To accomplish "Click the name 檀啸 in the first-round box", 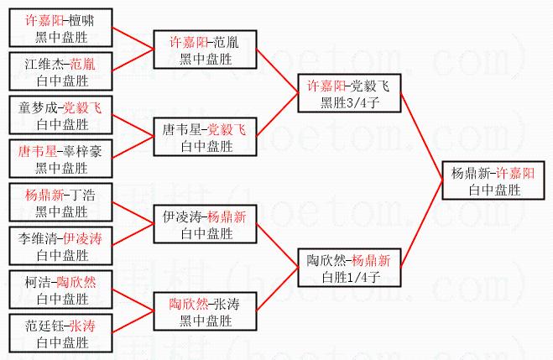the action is (x=81, y=20).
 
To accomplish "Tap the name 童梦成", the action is (x=38, y=108).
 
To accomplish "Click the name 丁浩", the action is (x=82, y=195).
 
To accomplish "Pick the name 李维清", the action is (x=38, y=238).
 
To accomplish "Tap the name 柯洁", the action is (x=38, y=283).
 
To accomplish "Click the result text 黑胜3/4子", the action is (x=349, y=102).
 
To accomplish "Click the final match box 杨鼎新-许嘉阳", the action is (x=493, y=180).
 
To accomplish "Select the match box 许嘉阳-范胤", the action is (x=205, y=50).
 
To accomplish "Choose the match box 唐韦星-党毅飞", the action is (x=205, y=137).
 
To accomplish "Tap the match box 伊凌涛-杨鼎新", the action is (x=205, y=224).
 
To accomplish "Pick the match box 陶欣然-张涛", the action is (x=205, y=311).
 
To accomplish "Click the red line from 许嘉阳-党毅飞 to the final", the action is (x=421, y=137).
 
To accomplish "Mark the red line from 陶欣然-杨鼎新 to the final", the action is (x=421, y=224).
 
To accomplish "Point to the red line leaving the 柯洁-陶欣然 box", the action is (x=133, y=300).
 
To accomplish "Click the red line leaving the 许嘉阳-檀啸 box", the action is (x=133, y=39).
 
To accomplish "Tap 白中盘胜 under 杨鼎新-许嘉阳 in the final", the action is (x=494, y=190).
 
